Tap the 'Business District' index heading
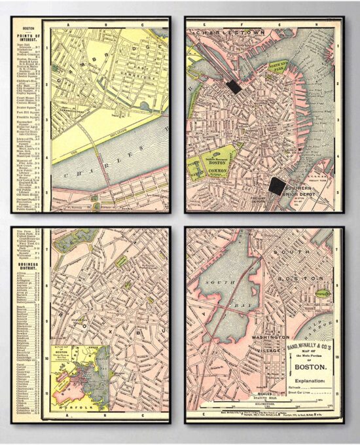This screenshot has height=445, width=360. [28, 249]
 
